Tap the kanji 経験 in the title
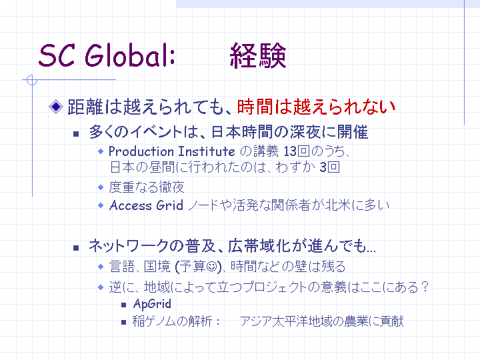pos(258,56)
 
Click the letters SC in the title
pos(57,55)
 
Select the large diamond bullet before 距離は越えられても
pos(56,107)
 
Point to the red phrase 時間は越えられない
pos(316,107)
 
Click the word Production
pos(141,151)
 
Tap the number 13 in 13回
pos(290,151)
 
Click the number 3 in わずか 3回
pos(323,167)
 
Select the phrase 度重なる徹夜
pos(147,187)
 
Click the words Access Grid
pos(146,205)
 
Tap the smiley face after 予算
pos(211,267)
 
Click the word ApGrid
pos(152,304)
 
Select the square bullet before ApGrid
pos(124,305)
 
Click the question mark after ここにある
pos(424,287)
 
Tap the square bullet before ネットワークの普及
pos(76,247)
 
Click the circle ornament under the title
pos(32,80)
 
